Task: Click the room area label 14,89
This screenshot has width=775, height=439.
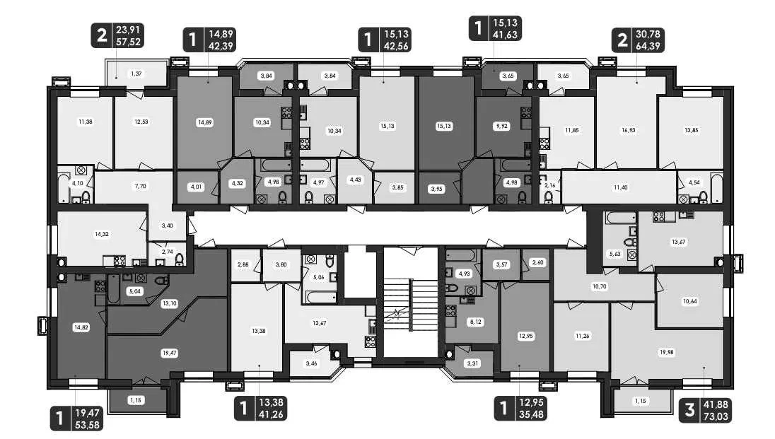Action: point(204,122)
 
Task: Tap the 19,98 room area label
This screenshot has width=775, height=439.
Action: point(667,353)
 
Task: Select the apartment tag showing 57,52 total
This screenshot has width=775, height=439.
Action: point(117,35)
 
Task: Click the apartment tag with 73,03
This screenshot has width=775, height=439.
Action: point(705,410)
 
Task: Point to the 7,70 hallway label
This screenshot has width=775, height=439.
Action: point(140,186)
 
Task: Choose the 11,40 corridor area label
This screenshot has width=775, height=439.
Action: point(620,187)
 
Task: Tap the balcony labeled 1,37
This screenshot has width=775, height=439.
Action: point(136,74)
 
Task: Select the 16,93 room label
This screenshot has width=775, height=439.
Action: point(628,130)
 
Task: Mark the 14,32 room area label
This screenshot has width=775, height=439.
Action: point(102,234)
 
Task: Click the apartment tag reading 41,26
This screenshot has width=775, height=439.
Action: point(260,409)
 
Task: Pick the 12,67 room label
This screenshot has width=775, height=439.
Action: point(320,323)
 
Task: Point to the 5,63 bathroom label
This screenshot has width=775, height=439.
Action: point(614,254)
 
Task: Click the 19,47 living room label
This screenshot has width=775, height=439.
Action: point(169,353)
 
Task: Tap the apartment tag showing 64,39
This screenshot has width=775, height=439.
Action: point(638,40)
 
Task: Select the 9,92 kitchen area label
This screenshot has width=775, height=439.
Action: point(501,126)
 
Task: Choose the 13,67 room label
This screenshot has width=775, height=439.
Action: point(678,242)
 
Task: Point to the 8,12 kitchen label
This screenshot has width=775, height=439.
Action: point(475,322)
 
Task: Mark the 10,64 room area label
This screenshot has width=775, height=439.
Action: point(690,301)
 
